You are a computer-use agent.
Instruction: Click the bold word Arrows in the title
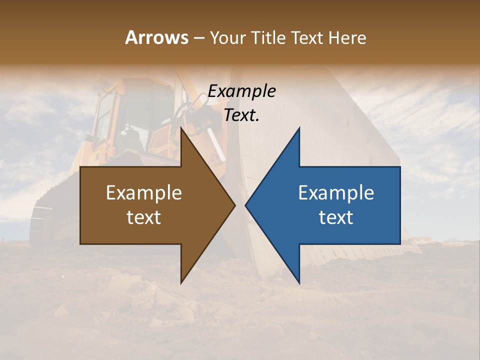point(156,37)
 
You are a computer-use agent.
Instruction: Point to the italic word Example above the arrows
point(241,91)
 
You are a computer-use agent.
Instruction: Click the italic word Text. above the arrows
point(241,115)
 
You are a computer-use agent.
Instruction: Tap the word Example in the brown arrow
point(144,193)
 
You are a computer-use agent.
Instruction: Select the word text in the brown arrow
point(144,217)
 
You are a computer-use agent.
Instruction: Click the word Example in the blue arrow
point(336,193)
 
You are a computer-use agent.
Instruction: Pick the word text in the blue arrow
point(336,217)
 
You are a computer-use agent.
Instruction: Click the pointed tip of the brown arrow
point(234,205)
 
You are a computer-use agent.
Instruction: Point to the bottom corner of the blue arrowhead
point(299,283)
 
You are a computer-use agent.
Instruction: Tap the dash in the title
point(198,38)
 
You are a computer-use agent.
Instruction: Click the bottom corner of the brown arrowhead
point(181,283)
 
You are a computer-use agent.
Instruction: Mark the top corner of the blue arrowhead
point(299,128)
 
